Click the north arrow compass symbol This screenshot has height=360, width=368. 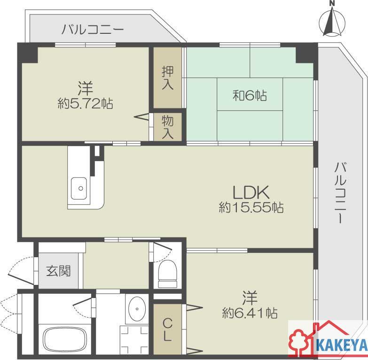[332, 23]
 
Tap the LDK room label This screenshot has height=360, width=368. [251, 192]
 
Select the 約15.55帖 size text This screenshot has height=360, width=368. [251, 207]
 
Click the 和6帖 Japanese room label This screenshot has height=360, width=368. [250, 95]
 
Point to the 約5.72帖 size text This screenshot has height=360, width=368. [86, 103]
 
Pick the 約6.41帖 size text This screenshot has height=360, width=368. [250, 313]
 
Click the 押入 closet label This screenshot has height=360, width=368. [168, 78]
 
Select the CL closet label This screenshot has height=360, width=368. [167, 331]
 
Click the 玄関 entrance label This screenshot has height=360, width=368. [58, 271]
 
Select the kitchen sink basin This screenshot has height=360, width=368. [78, 188]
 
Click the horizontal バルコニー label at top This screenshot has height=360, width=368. [93, 30]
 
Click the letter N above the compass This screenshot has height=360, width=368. [332, 3]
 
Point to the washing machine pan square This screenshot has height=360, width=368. [134, 340]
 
